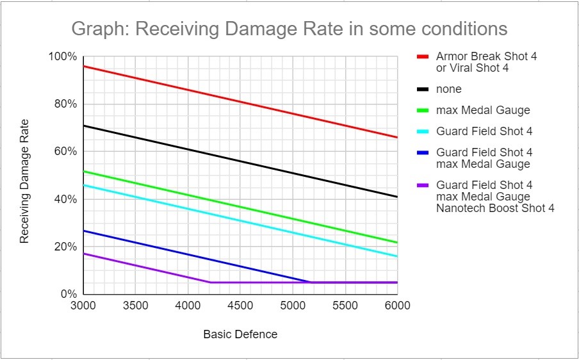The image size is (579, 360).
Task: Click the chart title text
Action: (289, 29)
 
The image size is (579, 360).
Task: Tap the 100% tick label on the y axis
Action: (63, 57)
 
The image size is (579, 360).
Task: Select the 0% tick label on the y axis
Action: (69, 295)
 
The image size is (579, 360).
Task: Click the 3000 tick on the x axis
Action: (83, 306)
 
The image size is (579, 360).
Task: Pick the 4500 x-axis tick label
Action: (240, 306)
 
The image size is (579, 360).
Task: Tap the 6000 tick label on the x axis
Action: (397, 306)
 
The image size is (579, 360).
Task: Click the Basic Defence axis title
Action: (240, 334)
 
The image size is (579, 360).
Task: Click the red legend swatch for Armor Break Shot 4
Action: (422, 56)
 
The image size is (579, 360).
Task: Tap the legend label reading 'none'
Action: (449, 89)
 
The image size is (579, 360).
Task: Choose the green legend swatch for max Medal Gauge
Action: (422, 110)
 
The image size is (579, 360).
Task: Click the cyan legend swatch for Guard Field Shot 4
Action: (422, 131)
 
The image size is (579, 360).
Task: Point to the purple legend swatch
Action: (422, 185)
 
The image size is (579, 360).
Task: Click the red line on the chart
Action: (240, 102)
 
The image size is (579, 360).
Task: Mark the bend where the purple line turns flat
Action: (210, 282)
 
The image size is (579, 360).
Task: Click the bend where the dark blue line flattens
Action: (311, 282)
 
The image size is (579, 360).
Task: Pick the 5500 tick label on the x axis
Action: (345, 306)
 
